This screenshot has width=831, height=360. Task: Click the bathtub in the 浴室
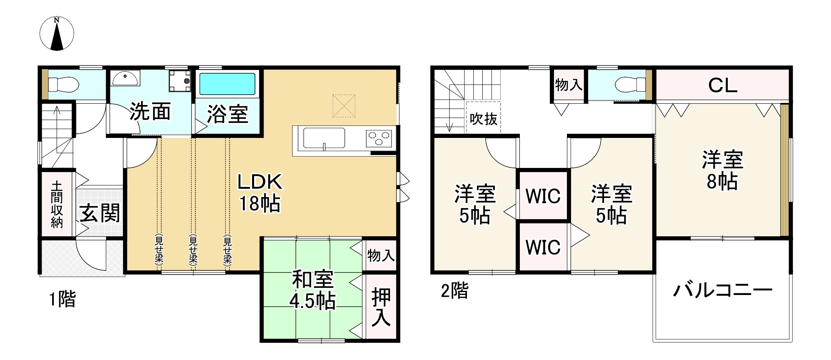227,84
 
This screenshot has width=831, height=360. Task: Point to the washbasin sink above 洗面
125,78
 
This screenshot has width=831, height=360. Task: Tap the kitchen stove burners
379,138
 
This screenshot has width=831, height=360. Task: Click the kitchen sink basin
324,138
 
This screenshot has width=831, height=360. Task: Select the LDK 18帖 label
260,193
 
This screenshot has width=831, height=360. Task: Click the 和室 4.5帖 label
312,290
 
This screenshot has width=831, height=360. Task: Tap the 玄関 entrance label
100,213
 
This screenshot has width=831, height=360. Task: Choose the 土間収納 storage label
57,205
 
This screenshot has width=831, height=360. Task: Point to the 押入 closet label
381,307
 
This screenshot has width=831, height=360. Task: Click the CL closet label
723,86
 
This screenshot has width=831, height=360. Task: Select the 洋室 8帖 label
722,170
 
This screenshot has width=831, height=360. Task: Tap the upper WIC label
543,196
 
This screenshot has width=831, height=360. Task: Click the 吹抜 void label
483,119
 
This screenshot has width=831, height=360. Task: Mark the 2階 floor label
454,290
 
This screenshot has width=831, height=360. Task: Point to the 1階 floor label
62,299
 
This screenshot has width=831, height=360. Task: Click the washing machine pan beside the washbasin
180,80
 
